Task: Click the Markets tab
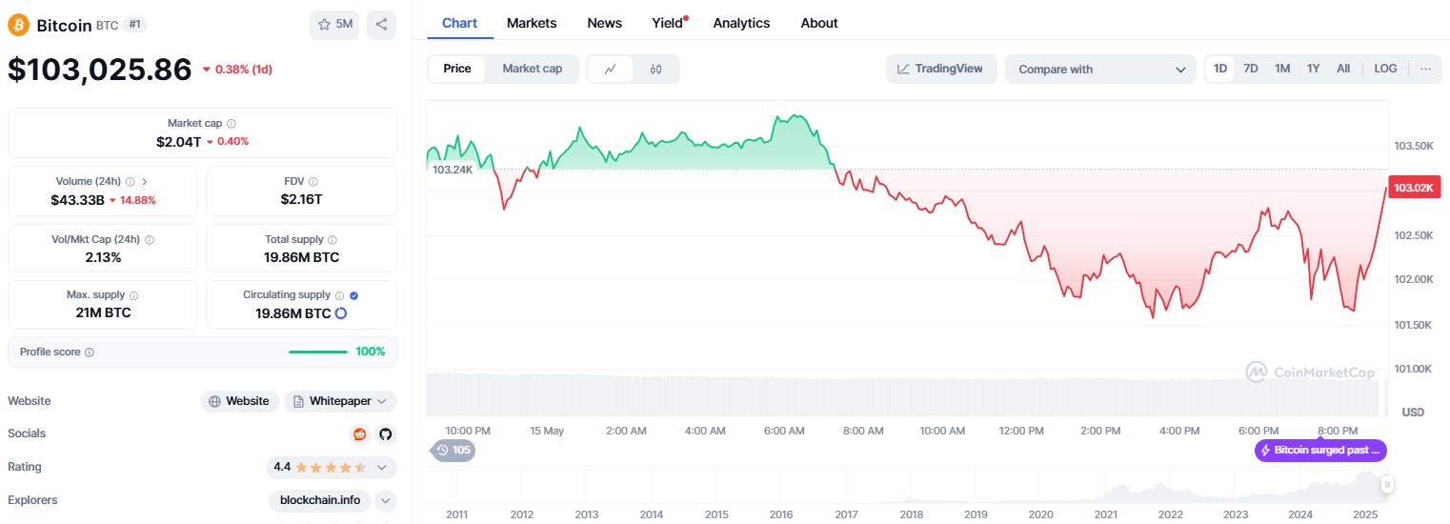532,23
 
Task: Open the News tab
604,23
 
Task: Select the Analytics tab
741,23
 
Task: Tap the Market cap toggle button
532,69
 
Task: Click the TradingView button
941,69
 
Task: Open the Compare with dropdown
1099,70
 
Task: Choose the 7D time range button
1251,69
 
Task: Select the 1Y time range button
1313,69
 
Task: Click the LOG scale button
1385,69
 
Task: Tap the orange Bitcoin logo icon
19,25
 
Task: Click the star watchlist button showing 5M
334,25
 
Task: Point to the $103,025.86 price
99,70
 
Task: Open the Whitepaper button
340,401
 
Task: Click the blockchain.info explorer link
321,500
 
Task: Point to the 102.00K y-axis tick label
1414,280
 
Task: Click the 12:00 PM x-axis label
1021,431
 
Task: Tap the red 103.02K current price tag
1413,188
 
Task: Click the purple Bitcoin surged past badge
1320,451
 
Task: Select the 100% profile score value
370,352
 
